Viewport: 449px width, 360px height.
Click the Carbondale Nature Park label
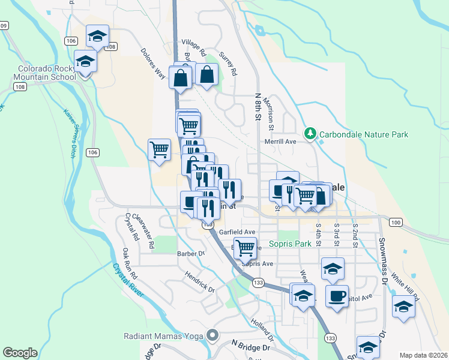coord(364,134)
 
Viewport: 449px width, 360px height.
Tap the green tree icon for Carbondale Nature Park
coord(310,133)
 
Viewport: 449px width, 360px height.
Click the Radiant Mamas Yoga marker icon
coord(211,334)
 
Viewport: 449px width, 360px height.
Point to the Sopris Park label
coord(290,244)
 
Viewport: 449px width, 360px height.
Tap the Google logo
coord(20,353)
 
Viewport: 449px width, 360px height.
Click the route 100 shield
coord(394,223)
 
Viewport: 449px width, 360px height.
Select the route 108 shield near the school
coord(20,87)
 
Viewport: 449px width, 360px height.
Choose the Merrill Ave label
coord(281,142)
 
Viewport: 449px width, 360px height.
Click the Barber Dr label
coord(191,253)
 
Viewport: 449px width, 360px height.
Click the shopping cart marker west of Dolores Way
coord(158,149)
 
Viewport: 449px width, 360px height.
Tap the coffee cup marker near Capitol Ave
coord(337,295)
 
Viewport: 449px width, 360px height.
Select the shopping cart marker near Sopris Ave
coord(245,247)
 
